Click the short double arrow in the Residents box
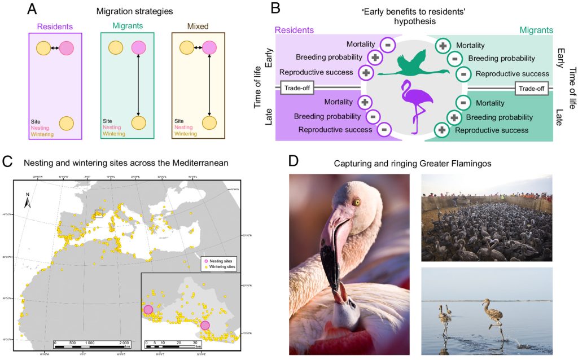click(x=55, y=49)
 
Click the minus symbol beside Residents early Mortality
click(x=388, y=43)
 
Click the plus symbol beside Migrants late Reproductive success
click(x=443, y=130)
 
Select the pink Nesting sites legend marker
click(x=205, y=261)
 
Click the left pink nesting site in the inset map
click(x=148, y=309)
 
